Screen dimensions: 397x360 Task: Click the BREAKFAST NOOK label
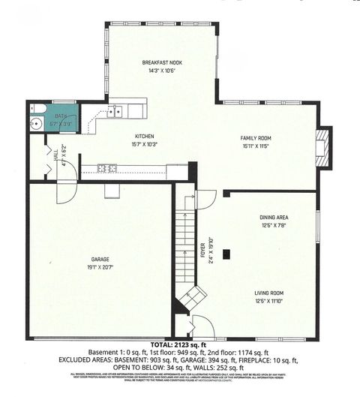(x=160, y=62)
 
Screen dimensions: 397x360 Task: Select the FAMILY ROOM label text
(x=255, y=138)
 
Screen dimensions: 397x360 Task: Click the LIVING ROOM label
(x=268, y=292)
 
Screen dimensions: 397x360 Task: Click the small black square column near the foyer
(x=232, y=253)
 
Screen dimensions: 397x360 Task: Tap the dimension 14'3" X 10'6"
(x=160, y=71)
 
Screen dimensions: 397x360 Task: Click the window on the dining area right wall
(x=318, y=225)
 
